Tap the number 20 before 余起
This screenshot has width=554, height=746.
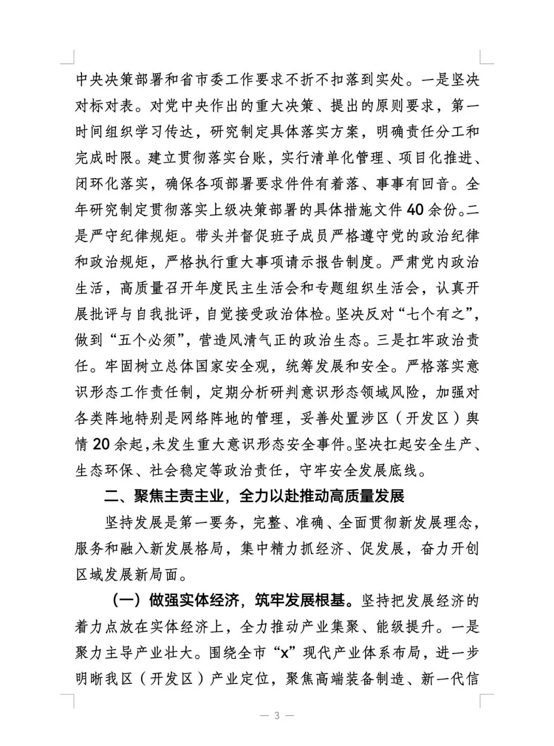point(101,444)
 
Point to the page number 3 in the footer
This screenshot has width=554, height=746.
point(277,716)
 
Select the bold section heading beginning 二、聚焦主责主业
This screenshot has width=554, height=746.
point(254,496)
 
